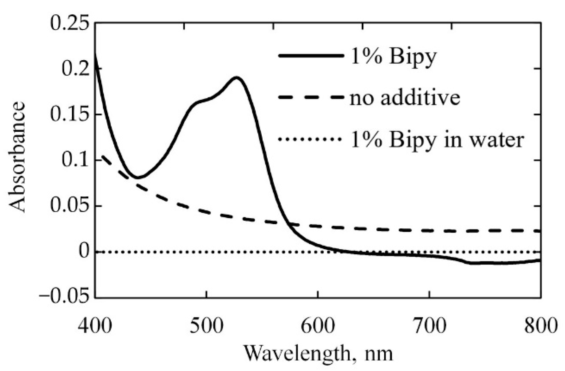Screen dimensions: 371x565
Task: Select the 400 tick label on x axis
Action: pyautogui.click(x=95, y=326)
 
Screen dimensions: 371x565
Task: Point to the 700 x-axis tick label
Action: pyautogui.click(x=429, y=326)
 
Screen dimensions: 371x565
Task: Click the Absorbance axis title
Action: pyautogui.click(x=17, y=157)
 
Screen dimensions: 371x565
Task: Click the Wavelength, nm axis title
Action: pyautogui.click(x=318, y=353)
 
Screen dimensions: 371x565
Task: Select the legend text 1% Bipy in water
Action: pyautogui.click(x=437, y=139)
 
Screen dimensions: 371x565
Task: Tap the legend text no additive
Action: pyautogui.click(x=405, y=98)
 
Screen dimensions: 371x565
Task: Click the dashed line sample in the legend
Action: pyautogui.click(x=311, y=97)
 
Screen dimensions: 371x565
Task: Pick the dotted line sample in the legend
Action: pyautogui.click(x=311, y=139)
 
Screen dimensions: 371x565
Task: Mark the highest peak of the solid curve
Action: pyautogui.click(x=236, y=77)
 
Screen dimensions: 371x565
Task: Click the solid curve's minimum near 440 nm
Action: pyautogui.click(x=138, y=178)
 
